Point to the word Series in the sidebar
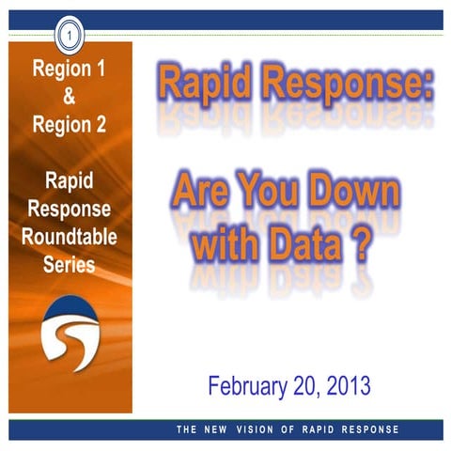point(69,264)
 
